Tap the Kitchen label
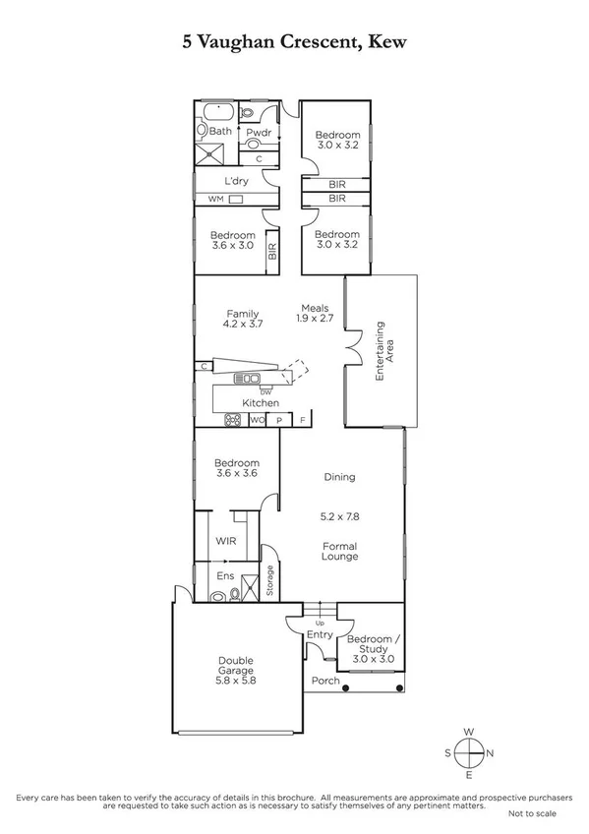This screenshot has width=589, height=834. pyautogui.click(x=261, y=403)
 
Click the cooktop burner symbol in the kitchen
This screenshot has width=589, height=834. pyautogui.click(x=234, y=421)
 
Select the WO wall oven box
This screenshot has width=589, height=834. pyautogui.click(x=258, y=421)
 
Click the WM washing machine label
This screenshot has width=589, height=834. pyautogui.click(x=214, y=200)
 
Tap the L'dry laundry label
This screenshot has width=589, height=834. pyautogui.click(x=236, y=181)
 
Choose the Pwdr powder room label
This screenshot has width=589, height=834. pyautogui.click(x=259, y=132)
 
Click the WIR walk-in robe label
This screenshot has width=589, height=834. pyautogui.click(x=225, y=541)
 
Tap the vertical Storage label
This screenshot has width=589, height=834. pyautogui.click(x=269, y=581)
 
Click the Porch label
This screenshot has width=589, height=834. pyautogui.click(x=324, y=681)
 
